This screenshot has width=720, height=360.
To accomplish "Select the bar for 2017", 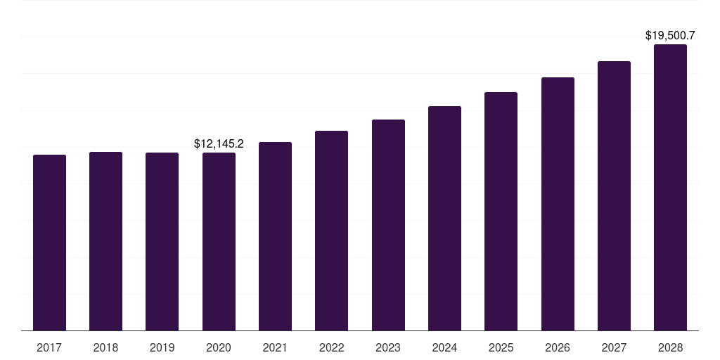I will tap(49, 243).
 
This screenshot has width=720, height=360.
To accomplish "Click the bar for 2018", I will tap(105, 241).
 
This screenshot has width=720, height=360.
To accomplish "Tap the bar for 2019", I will tap(162, 241).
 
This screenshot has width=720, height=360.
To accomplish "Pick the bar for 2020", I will tap(219, 241).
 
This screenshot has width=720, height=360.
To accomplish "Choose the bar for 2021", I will tap(275, 236).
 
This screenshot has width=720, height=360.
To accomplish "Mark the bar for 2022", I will tap(331, 231).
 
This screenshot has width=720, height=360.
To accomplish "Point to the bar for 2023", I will tap(388, 225).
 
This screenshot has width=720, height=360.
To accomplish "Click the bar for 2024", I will tap(444, 218).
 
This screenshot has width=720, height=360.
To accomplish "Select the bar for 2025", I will tap(501, 211).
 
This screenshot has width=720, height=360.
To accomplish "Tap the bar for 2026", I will tap(558, 204).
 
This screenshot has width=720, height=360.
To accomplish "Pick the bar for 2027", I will tap(614, 195).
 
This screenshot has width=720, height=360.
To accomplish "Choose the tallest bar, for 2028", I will tap(670, 187).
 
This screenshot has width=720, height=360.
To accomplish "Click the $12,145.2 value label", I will tap(219, 143).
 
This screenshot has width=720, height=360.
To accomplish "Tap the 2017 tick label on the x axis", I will tap(49, 347).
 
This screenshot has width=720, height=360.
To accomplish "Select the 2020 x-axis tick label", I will tap(219, 347).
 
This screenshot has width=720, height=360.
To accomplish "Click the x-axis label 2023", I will tap(388, 347).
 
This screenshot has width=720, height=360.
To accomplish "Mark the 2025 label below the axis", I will tap(501, 347).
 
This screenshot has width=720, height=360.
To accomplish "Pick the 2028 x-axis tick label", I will tap(670, 347).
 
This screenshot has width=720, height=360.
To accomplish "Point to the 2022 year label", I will tap(331, 347).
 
